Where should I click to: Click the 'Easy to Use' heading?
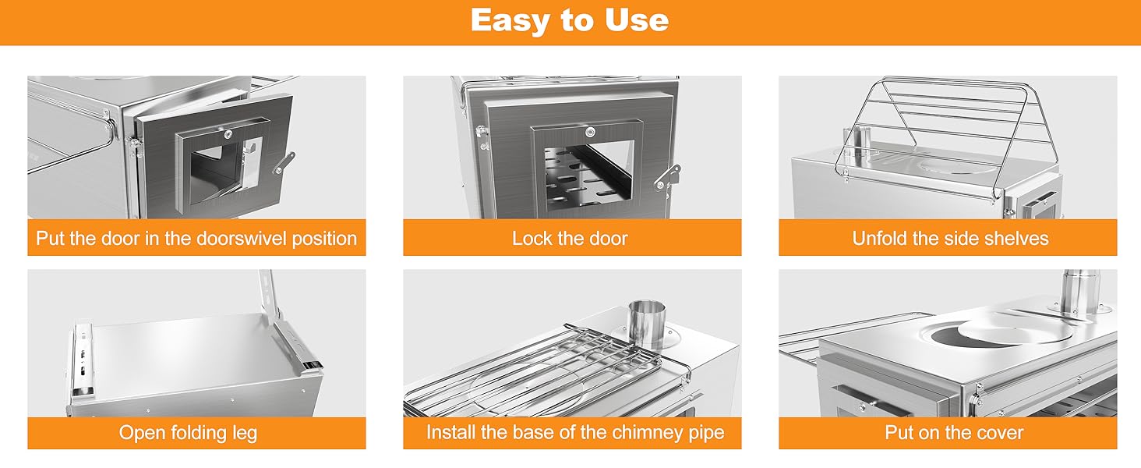click(x=570, y=20)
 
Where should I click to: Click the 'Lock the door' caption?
click(x=570, y=239)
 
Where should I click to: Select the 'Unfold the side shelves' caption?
click(x=950, y=239)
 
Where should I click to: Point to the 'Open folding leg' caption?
click(x=188, y=433)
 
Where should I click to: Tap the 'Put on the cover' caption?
click(x=953, y=433)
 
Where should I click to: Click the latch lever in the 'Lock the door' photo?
click(x=668, y=176)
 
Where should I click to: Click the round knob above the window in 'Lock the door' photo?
click(x=590, y=133)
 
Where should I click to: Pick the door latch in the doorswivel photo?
click(x=284, y=162)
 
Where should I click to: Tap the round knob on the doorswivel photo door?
click(x=228, y=135)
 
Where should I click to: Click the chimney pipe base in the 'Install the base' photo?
click(x=647, y=326)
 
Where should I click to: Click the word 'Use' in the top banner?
click(x=637, y=20)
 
